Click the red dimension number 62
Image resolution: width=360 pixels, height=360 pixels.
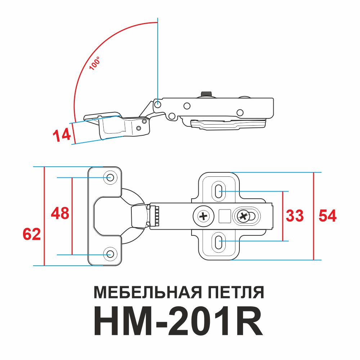(x=32, y=234)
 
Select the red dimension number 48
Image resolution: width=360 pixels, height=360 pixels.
(x=60, y=213)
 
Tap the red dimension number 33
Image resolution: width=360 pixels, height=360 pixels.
(x=295, y=216)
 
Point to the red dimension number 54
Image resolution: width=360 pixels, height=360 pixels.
(x=327, y=216)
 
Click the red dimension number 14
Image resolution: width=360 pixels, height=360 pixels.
(x=62, y=135)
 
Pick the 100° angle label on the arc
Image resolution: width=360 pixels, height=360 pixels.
(x=95, y=63)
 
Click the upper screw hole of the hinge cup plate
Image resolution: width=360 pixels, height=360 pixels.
(x=110, y=177)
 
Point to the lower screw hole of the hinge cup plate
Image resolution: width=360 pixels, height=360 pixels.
(x=110, y=255)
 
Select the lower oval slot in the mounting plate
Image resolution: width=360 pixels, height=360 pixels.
(x=218, y=241)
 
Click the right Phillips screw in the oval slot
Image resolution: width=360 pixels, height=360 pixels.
(x=244, y=216)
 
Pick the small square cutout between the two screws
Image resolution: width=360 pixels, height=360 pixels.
(x=224, y=216)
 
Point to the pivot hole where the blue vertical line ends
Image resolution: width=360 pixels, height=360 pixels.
(x=158, y=105)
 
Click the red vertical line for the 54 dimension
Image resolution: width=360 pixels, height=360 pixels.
(x=314, y=216)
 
